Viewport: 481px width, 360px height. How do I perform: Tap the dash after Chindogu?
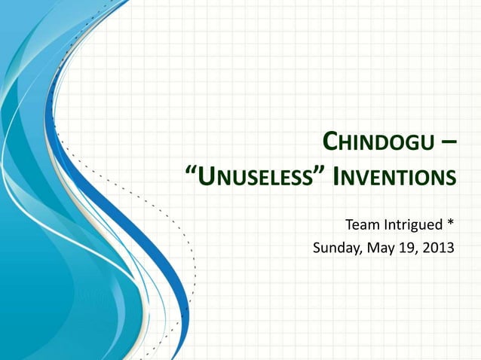click(x=448, y=142)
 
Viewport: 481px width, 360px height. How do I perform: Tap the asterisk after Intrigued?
click(x=450, y=223)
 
